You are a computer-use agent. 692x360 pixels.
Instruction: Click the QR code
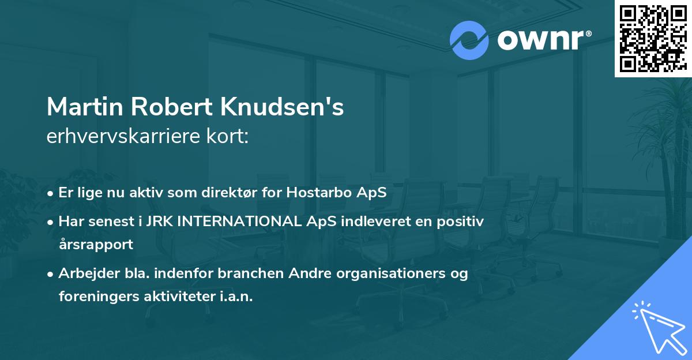tap(653, 39)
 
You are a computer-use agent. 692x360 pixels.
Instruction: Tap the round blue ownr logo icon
tap(469, 40)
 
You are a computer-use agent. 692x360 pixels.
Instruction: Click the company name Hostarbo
tap(329, 192)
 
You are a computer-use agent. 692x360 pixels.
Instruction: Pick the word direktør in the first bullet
tap(245, 192)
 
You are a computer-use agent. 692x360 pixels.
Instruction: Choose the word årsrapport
tap(96, 244)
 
